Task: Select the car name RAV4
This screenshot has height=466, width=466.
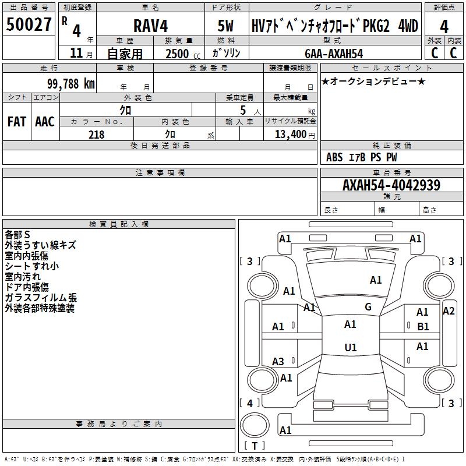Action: pyautogui.click(x=150, y=27)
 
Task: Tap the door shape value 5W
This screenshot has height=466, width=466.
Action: pyautogui.click(x=226, y=27)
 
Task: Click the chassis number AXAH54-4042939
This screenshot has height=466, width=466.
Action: pyautogui.click(x=391, y=185)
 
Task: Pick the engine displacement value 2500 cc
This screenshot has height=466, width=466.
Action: pyautogui.click(x=182, y=54)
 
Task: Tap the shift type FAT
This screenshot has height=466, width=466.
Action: pyautogui.click(x=16, y=122)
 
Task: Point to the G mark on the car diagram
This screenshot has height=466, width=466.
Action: pyautogui.click(x=368, y=307)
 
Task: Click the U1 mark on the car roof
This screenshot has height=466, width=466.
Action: pyautogui.click(x=350, y=348)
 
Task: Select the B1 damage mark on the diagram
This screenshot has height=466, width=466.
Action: pyautogui.click(x=423, y=326)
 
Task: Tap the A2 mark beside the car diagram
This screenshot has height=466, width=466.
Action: pyautogui.click(x=449, y=310)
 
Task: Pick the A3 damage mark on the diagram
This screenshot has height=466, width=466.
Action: pyautogui.click(x=278, y=362)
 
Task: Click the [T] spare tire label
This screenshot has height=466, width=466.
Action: pyautogui.click(x=254, y=446)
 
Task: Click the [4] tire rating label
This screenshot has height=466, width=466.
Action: pyautogui.click(x=250, y=403)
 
